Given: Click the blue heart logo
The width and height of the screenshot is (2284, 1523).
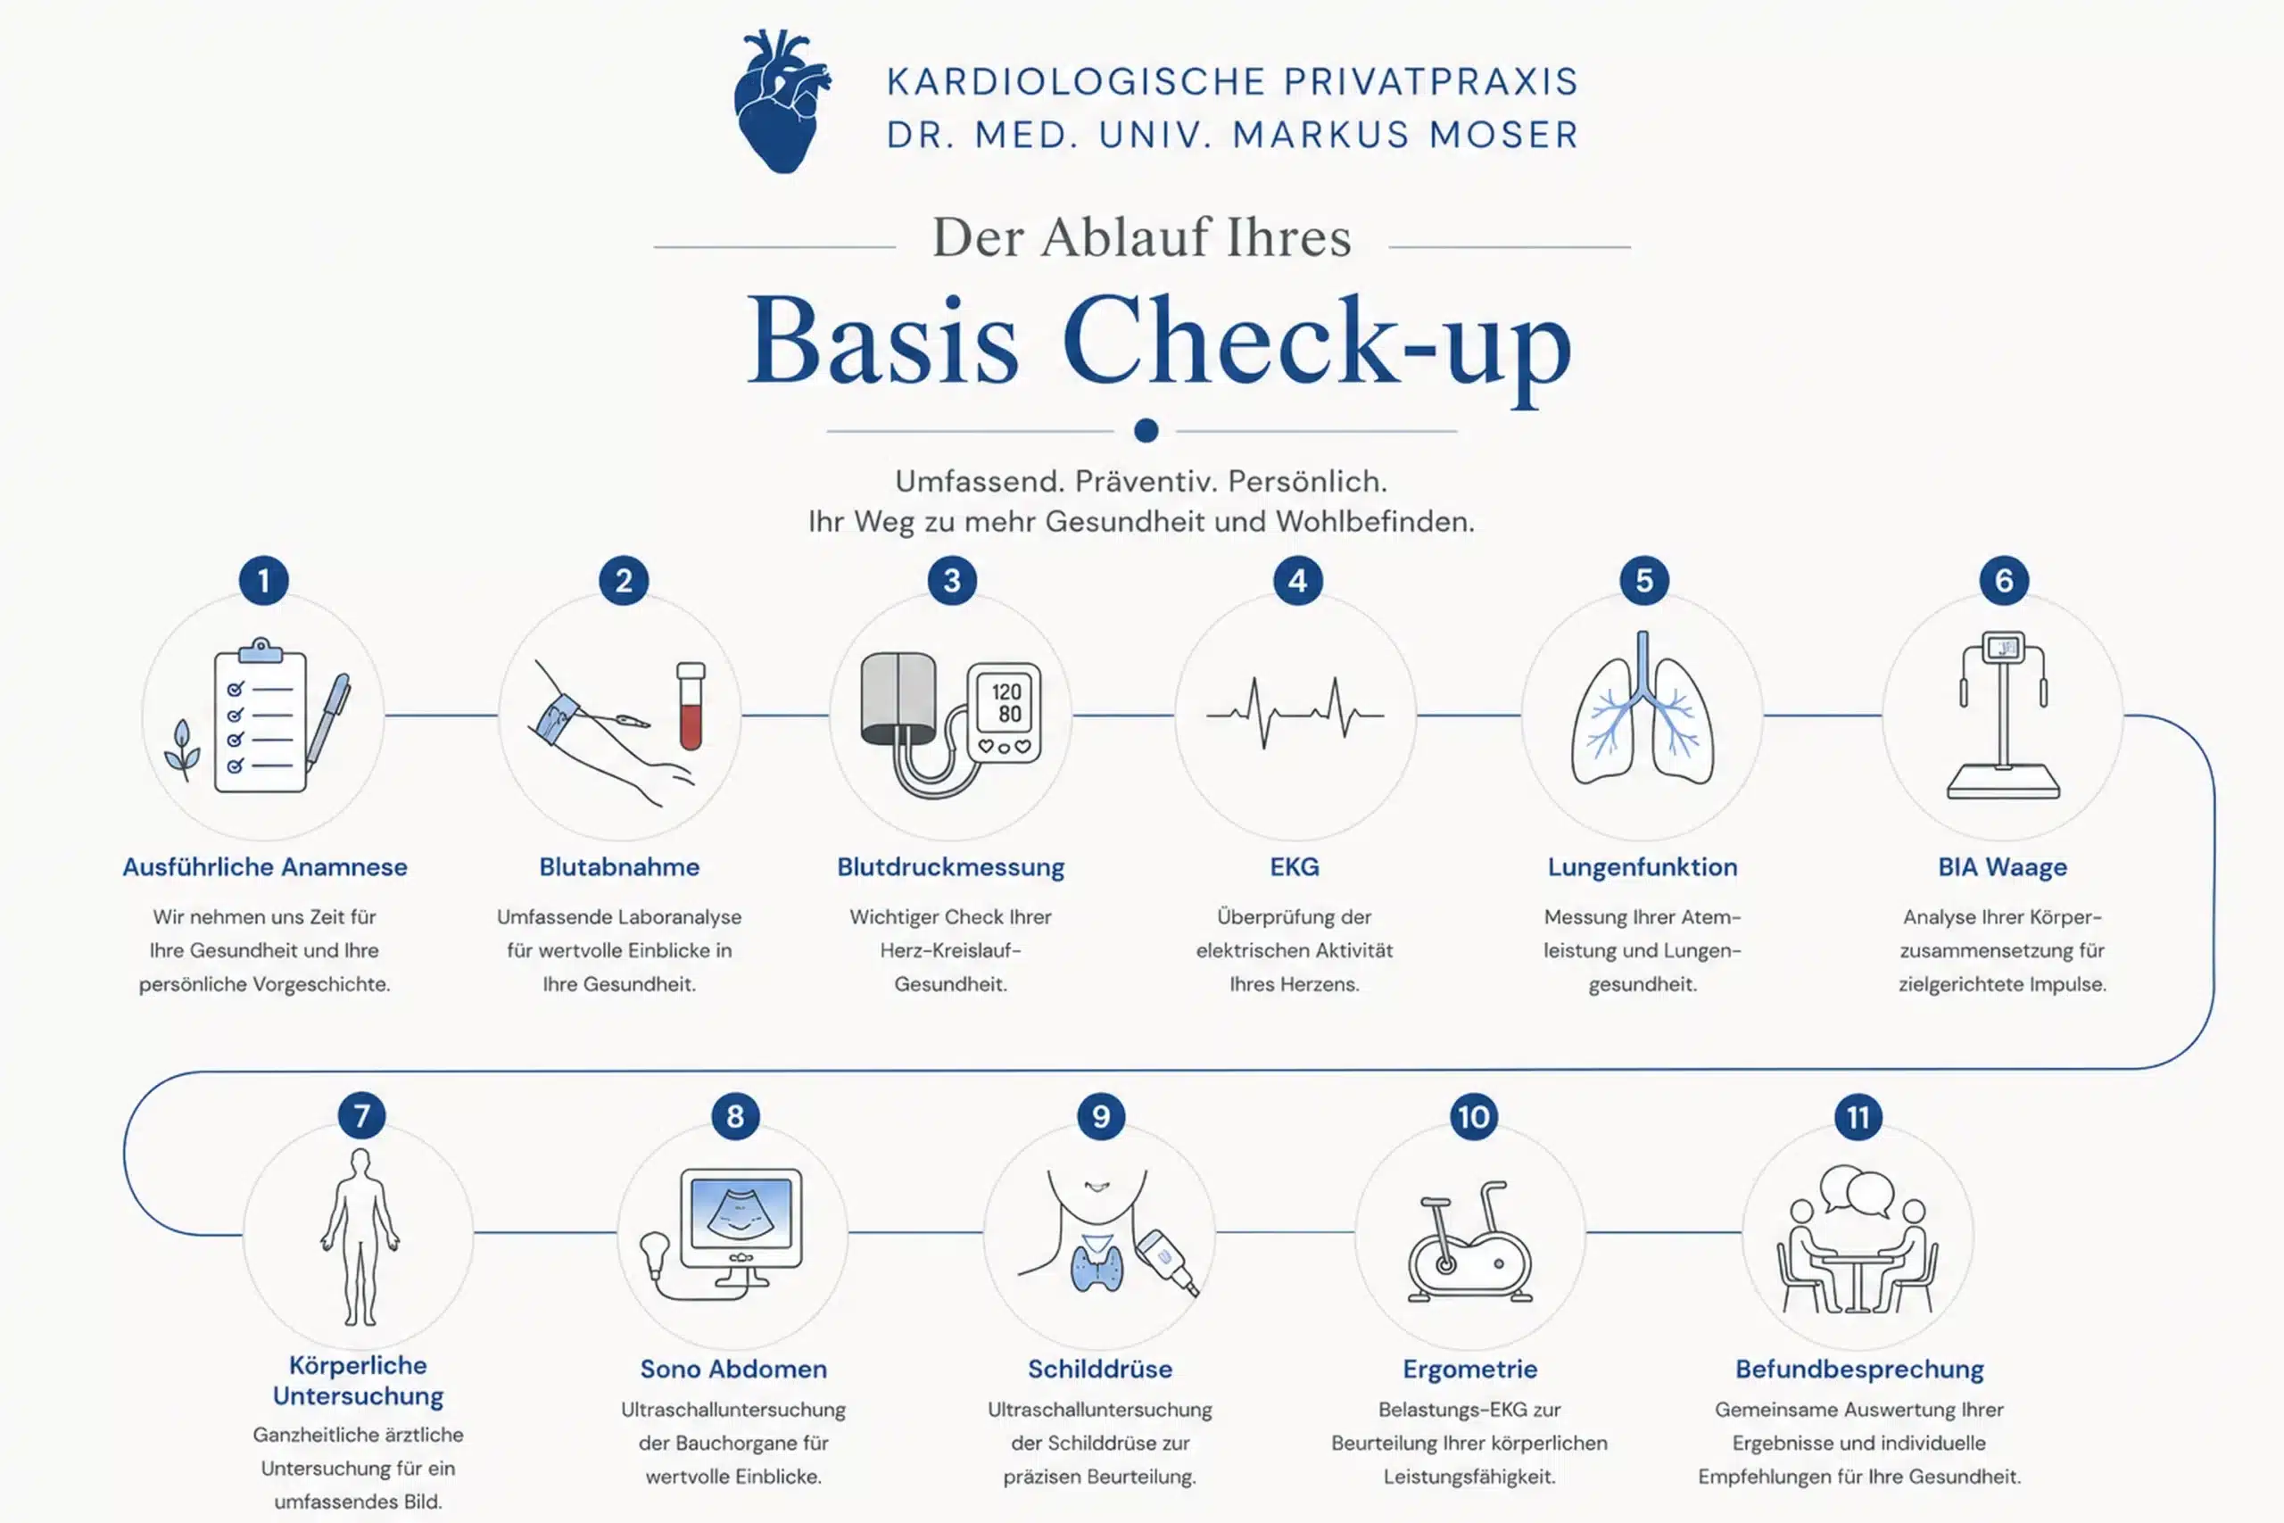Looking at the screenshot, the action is click(782, 102).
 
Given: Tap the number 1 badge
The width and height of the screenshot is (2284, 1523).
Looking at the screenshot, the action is click(263, 581).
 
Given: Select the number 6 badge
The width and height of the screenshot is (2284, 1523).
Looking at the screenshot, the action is click(2003, 581).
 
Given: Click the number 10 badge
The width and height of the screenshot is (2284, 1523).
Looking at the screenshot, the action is click(1473, 1117).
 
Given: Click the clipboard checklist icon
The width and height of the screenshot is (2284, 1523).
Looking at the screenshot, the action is click(261, 716).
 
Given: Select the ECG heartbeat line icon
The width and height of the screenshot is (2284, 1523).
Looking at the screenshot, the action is click(1295, 712).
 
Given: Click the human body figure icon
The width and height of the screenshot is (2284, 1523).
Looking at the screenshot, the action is click(360, 1237).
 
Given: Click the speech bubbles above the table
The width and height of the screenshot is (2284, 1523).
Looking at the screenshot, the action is click(1857, 1190).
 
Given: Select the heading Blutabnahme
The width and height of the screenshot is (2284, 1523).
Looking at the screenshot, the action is click(619, 866).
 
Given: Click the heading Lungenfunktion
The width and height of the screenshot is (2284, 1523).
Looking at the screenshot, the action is click(1643, 867).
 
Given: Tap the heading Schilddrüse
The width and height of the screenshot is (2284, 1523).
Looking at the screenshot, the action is click(1100, 1369).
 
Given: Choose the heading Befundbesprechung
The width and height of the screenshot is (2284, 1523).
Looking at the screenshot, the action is click(1859, 1370).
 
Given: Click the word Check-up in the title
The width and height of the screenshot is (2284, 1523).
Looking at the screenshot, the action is click(1317, 344).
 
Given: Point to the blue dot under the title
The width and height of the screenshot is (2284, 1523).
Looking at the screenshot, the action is click(1146, 430).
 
